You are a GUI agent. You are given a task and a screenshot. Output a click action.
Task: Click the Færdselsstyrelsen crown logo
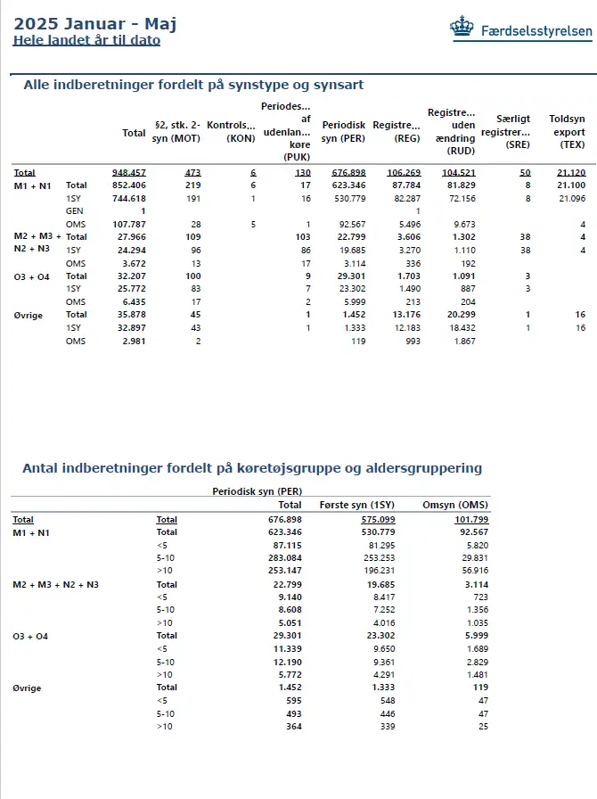click(x=462, y=29)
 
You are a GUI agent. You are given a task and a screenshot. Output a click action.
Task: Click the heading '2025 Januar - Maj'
click(x=95, y=24)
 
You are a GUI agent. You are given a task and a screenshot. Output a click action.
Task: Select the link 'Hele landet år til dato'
click(x=86, y=40)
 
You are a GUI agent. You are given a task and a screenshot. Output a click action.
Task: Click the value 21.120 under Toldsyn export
click(x=570, y=172)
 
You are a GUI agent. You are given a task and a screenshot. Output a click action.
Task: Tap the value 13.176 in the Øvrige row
click(x=403, y=315)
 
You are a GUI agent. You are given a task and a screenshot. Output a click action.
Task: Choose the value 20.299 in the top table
click(x=460, y=315)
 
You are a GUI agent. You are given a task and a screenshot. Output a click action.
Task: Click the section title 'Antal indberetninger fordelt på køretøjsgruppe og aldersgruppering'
click(x=252, y=468)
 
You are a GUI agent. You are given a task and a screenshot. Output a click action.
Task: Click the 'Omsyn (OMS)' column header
click(x=454, y=505)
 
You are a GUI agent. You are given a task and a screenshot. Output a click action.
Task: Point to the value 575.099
click(x=377, y=519)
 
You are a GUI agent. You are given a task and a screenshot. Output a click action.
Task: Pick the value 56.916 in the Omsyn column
click(x=470, y=571)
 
